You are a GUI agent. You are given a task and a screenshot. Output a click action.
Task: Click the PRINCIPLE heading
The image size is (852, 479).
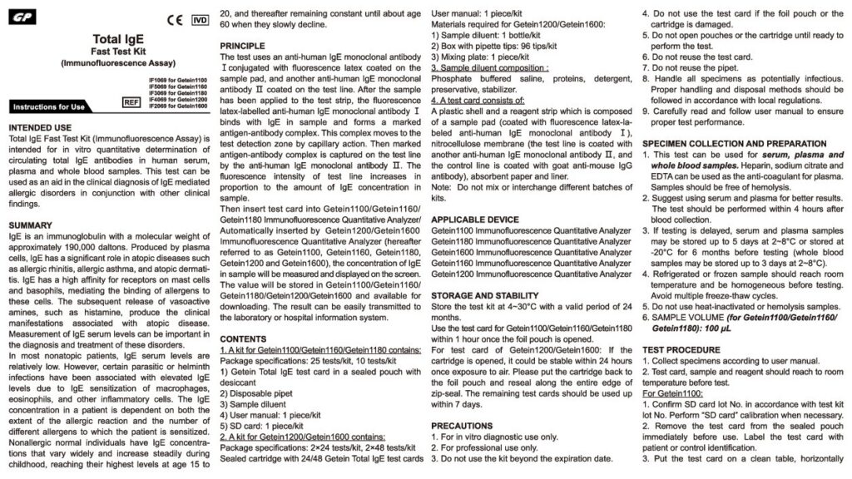coord(248,44)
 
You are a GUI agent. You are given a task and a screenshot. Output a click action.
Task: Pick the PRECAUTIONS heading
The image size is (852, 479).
coord(463,425)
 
